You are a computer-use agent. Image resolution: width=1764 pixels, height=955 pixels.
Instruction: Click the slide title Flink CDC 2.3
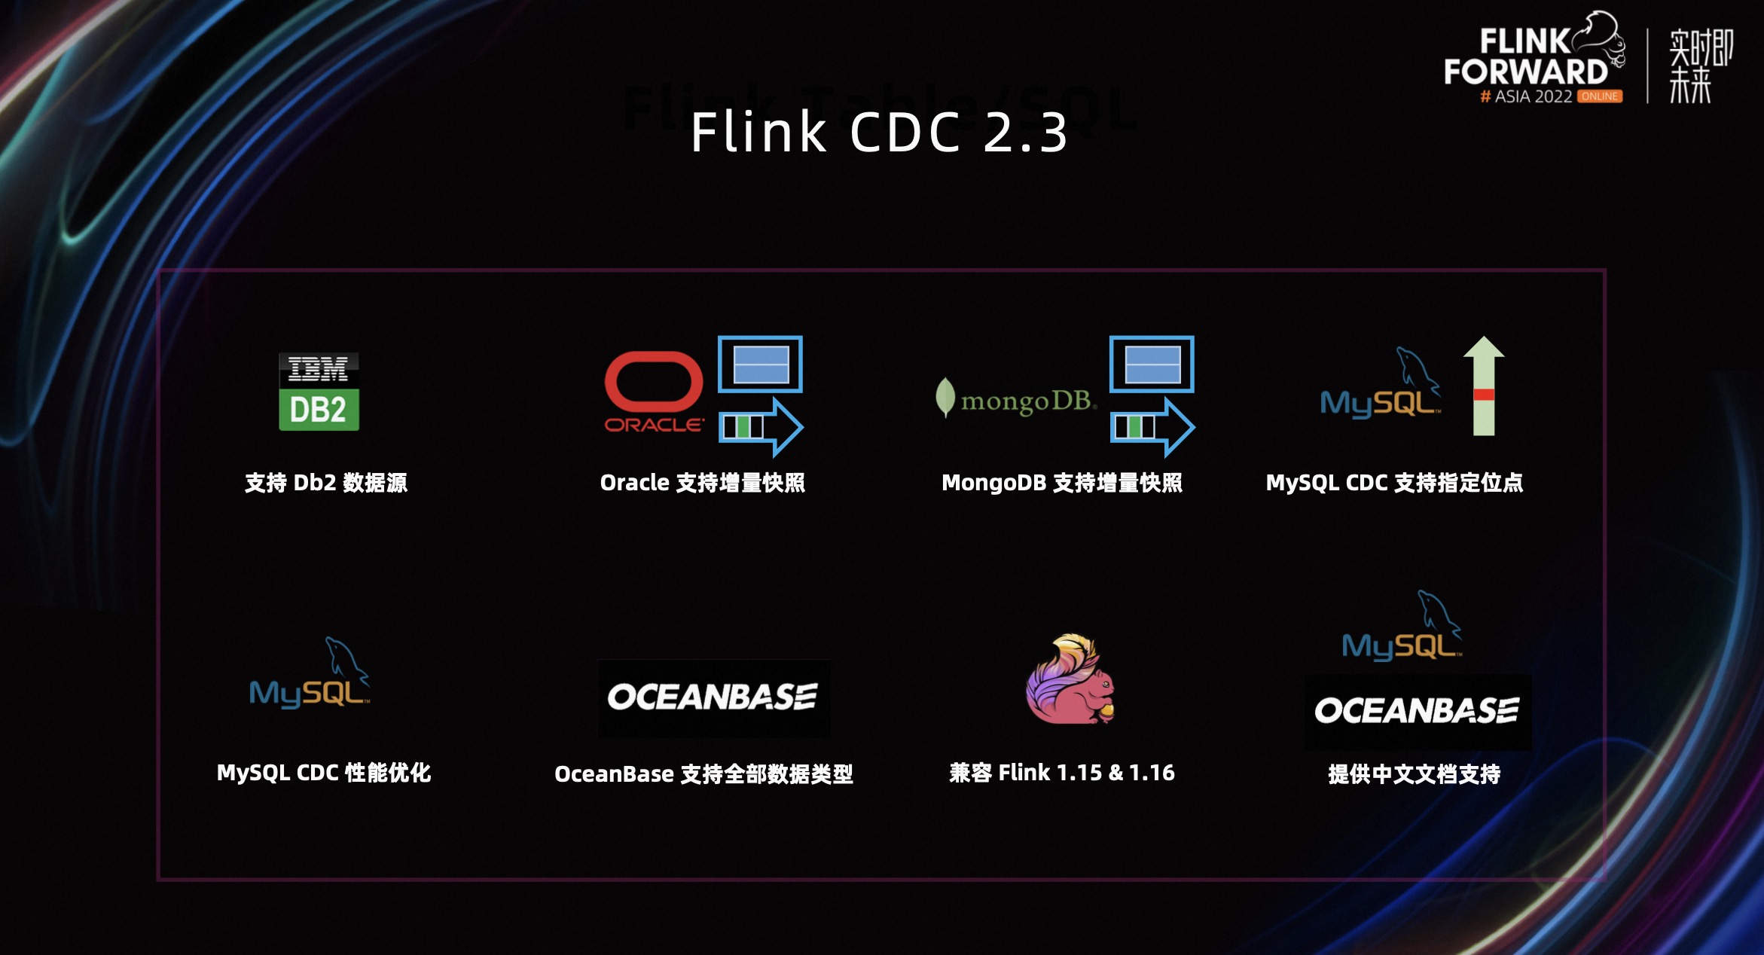tap(879, 132)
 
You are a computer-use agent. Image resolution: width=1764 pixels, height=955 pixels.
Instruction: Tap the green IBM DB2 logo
tap(319, 392)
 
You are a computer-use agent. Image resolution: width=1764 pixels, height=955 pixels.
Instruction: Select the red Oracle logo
tap(654, 392)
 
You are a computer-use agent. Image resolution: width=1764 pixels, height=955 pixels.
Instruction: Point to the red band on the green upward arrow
tap(1484, 395)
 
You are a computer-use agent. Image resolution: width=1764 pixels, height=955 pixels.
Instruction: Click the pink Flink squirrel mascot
tap(1070, 679)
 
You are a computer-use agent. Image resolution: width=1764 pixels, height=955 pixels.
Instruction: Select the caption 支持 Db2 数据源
tap(326, 483)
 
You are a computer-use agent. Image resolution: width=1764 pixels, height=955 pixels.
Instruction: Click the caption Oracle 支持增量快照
tap(702, 483)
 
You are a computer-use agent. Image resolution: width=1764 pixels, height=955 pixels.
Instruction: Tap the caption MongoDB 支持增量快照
tap(1062, 483)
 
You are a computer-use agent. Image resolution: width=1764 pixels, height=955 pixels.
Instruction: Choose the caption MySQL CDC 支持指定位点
tap(1394, 483)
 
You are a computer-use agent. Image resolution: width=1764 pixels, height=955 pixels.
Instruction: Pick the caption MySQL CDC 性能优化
tap(324, 773)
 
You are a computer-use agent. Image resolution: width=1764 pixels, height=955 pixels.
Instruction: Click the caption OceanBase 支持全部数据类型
tap(703, 774)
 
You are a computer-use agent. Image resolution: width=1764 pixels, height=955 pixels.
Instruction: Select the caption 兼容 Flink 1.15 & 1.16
tap(1062, 773)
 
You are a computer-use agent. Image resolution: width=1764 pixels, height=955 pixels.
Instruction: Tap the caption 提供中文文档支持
tap(1414, 774)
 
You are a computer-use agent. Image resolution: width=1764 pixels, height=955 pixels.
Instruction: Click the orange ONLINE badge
tap(1600, 96)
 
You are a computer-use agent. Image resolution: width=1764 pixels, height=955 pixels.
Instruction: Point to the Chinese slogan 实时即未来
tap(1700, 66)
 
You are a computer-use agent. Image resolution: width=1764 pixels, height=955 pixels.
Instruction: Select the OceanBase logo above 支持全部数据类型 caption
tap(713, 697)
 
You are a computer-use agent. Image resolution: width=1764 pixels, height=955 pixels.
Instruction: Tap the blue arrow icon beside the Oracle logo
tap(761, 427)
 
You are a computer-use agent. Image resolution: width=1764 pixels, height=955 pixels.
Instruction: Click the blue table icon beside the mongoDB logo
tap(1152, 365)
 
